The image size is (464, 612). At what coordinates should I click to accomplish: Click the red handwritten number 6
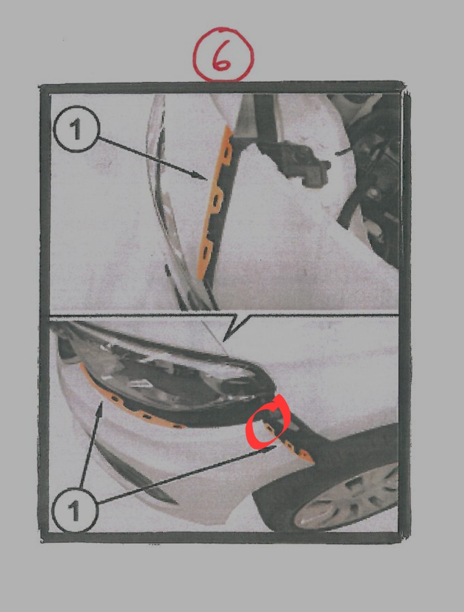[222, 56]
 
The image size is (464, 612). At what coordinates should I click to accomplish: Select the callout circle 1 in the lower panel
[75, 510]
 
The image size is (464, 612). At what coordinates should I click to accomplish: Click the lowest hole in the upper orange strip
[205, 252]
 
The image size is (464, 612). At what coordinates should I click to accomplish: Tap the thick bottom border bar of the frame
[222, 538]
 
